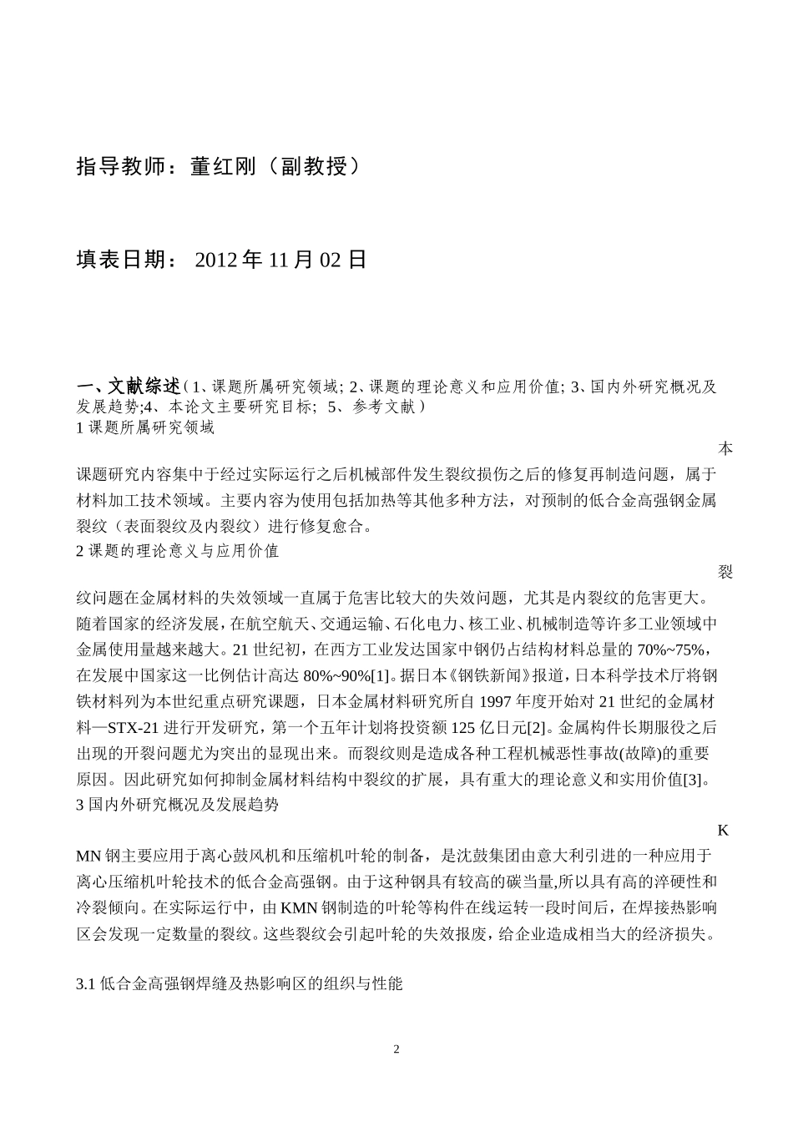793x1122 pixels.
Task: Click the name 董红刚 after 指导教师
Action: pyautogui.click(x=224, y=167)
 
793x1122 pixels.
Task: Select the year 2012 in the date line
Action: pyautogui.click(x=217, y=260)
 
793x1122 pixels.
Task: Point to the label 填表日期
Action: pyautogui.click(x=124, y=260)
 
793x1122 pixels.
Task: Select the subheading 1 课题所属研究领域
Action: pyautogui.click(x=145, y=428)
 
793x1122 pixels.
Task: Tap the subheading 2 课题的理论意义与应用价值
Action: pyautogui.click(x=177, y=551)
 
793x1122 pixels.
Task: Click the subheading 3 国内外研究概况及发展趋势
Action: pyautogui.click(x=177, y=806)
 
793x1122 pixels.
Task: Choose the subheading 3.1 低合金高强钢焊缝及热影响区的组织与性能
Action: pyautogui.click(x=239, y=984)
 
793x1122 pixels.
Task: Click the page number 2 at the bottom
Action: pyautogui.click(x=396, y=1049)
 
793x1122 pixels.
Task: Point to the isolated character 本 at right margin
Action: pyautogui.click(x=725, y=449)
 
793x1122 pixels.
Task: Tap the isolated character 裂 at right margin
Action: pyautogui.click(x=725, y=572)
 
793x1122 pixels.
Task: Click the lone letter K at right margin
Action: pyautogui.click(x=724, y=830)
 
